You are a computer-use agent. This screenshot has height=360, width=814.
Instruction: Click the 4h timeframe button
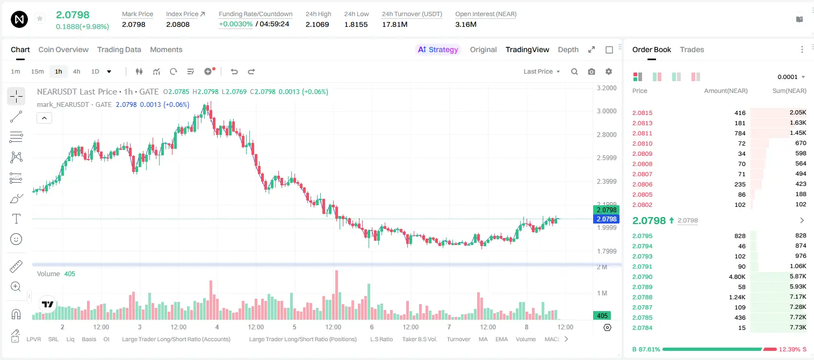click(x=76, y=71)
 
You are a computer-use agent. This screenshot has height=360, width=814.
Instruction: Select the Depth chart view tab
click(x=568, y=49)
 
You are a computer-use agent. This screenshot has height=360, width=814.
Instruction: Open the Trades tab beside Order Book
click(x=692, y=49)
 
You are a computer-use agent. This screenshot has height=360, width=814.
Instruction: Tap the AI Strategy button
click(x=438, y=49)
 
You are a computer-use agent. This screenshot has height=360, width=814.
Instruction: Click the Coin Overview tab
click(x=63, y=49)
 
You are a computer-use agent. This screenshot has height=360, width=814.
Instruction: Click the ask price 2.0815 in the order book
click(x=642, y=113)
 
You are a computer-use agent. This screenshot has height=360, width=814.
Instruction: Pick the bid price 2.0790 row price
click(x=642, y=277)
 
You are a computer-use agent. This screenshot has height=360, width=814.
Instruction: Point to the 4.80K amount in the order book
click(x=737, y=277)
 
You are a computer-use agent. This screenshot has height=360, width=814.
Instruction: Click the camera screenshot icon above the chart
click(x=592, y=71)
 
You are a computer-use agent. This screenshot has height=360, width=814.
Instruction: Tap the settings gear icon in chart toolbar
click(x=609, y=71)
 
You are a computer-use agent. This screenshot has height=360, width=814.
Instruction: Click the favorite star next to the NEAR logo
click(x=40, y=18)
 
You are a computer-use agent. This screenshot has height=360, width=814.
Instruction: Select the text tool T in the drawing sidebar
click(x=16, y=219)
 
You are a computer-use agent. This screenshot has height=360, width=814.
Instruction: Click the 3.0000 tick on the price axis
click(x=607, y=111)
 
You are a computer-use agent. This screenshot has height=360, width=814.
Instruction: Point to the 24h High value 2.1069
click(x=317, y=24)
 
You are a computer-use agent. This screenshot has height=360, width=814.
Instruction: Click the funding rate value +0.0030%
click(x=235, y=24)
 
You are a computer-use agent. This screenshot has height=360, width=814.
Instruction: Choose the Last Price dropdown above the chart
click(x=542, y=71)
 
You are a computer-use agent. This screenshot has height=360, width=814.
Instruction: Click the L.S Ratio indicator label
click(x=381, y=339)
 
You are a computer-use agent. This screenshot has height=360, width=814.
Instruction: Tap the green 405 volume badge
click(x=602, y=316)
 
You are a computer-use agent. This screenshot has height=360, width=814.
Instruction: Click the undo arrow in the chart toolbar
click(x=234, y=71)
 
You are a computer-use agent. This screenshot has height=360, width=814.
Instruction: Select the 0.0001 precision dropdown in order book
click(x=791, y=77)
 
